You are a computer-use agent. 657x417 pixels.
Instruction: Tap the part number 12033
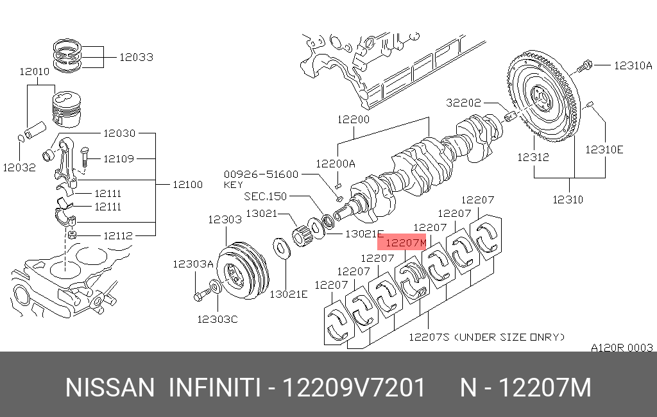(x=136, y=57)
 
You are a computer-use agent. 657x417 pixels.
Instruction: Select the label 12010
(x=34, y=72)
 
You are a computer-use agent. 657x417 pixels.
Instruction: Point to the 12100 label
(x=187, y=184)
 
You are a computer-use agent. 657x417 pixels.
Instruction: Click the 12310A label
(x=633, y=65)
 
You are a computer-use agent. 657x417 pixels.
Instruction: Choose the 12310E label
(x=604, y=149)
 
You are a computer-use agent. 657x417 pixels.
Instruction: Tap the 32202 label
(x=464, y=102)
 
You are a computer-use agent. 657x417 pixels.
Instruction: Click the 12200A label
(x=335, y=164)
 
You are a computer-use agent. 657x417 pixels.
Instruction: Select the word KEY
(x=233, y=184)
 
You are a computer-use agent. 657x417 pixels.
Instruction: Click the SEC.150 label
(x=266, y=196)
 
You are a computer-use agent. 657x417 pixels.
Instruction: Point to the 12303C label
(x=217, y=319)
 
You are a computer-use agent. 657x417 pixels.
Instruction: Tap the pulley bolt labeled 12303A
(x=200, y=295)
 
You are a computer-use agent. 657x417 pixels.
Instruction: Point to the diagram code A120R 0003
(x=622, y=348)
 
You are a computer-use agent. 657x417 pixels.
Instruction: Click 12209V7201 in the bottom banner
(x=354, y=388)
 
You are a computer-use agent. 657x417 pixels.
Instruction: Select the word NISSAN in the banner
(x=110, y=388)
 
